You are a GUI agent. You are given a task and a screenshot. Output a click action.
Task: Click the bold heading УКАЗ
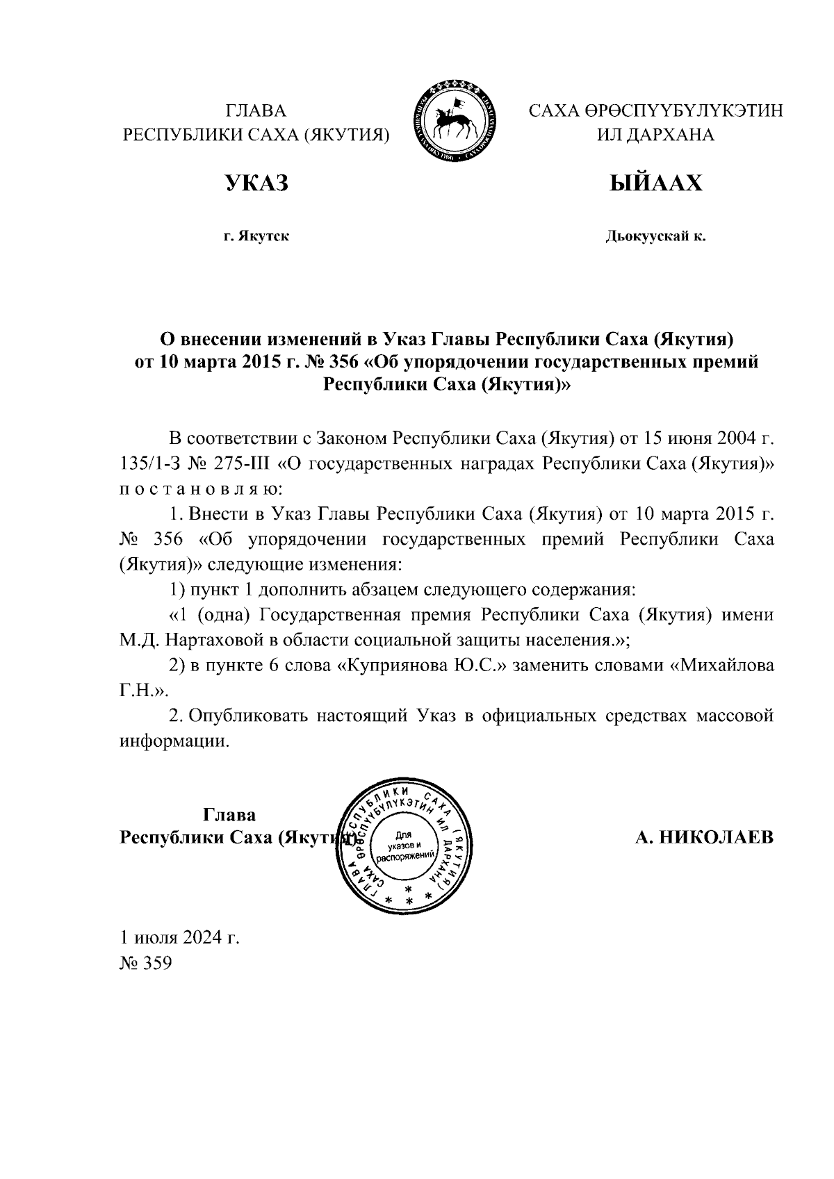(256, 183)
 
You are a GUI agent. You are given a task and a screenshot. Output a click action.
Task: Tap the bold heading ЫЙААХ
(655, 183)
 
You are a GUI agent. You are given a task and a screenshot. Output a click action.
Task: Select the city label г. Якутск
(256, 237)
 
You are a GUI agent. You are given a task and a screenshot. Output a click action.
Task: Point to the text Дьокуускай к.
(655, 237)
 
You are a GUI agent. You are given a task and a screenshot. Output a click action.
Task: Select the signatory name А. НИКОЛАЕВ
(704, 836)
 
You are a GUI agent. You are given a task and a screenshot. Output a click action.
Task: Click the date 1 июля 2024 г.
(180, 938)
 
